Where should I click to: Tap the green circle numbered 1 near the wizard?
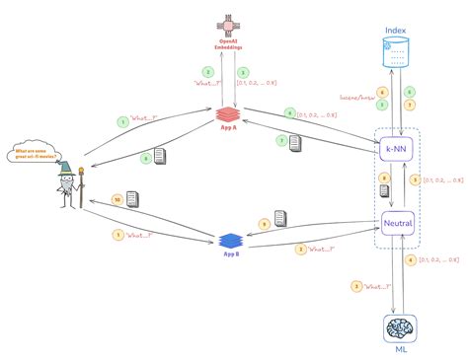tap(123, 121)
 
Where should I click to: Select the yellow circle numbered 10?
tap(118, 200)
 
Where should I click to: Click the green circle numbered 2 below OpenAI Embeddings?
tap(208, 72)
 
